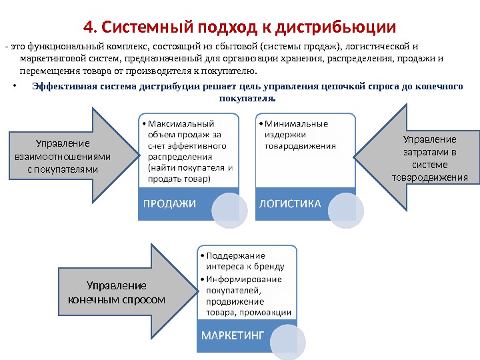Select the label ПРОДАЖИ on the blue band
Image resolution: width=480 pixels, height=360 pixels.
click(168, 204)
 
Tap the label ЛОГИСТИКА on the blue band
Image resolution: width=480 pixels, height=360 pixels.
click(290, 203)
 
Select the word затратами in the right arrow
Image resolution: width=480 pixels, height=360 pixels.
click(430, 152)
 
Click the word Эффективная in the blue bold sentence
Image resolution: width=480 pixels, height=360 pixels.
click(62, 87)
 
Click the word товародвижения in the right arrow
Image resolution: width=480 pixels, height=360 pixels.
click(430, 178)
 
